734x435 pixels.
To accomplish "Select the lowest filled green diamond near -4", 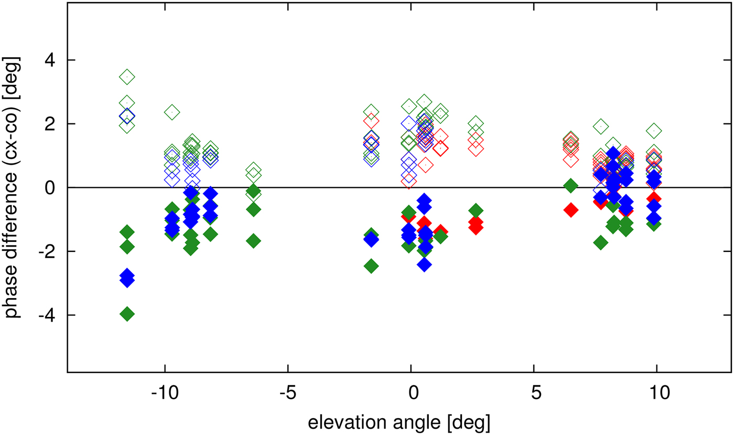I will click(127, 314).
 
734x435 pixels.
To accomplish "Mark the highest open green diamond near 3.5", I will click(127, 77).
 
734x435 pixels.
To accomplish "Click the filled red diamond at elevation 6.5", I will click(570, 210).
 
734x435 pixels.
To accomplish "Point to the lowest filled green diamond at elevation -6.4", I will click(254, 241).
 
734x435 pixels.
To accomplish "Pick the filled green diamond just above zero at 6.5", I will click(570, 185).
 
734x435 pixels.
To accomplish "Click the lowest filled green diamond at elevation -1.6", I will click(371, 266).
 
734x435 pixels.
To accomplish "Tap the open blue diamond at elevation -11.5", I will click(127, 116).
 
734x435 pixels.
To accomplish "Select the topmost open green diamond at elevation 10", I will click(653, 130).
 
